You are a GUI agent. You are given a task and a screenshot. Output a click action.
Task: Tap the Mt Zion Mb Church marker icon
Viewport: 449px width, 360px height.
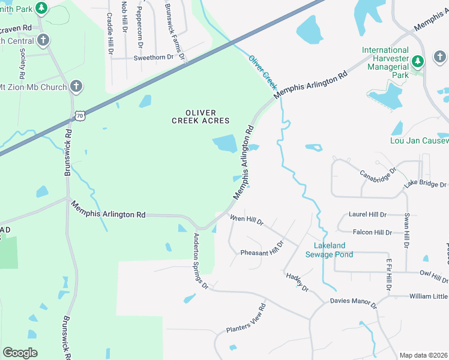[x=76, y=87]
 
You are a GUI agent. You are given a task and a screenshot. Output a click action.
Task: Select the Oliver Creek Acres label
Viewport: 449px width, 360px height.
[x=200, y=116]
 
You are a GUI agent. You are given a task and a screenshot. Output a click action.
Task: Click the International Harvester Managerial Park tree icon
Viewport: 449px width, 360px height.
[x=418, y=61]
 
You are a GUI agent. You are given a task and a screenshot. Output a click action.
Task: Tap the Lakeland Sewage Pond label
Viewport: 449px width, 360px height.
[x=330, y=250]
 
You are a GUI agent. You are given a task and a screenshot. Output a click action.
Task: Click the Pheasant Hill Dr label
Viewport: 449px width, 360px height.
[x=262, y=250]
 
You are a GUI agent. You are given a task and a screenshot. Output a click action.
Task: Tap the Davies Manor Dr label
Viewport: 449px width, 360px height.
[x=353, y=304]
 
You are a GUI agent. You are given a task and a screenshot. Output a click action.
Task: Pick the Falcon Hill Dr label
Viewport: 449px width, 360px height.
[x=372, y=232]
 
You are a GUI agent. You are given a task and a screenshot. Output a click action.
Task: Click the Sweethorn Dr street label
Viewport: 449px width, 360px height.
[x=154, y=57]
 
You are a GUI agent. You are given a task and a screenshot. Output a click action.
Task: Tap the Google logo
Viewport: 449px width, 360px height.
[x=20, y=352]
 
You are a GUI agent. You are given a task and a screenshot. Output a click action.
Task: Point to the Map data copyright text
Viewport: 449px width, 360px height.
[x=424, y=355]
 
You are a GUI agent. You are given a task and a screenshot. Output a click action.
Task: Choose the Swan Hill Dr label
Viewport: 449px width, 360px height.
[x=407, y=230]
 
